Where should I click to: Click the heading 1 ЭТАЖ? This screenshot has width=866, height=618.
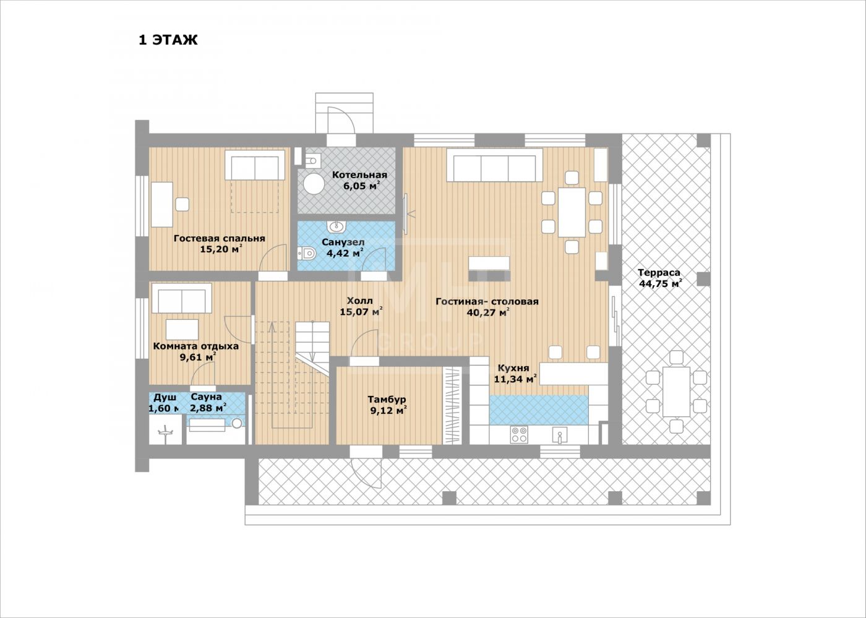[168, 40]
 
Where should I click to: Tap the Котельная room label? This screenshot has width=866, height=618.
[359, 175]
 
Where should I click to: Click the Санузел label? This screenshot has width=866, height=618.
[343, 242]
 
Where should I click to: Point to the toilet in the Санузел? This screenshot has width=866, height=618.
[307, 254]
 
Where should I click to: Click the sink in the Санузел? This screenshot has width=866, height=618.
[337, 226]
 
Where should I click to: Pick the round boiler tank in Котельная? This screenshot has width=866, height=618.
[314, 184]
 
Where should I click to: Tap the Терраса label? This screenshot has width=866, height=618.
[659, 273]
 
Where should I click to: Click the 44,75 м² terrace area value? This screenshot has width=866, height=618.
[661, 283]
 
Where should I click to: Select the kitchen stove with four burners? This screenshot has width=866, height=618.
[519, 434]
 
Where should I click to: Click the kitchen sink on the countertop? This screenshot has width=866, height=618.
[559, 434]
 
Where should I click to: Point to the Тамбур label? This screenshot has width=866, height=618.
[387, 400]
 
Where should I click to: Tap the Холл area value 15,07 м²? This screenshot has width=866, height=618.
[361, 311]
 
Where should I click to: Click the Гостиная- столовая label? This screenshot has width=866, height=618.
[487, 301]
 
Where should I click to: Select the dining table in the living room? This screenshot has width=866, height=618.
[572, 212]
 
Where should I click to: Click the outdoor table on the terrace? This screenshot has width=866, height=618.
[676, 392]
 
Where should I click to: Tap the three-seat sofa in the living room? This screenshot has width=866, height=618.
[494, 165]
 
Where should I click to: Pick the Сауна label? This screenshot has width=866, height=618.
[206, 397]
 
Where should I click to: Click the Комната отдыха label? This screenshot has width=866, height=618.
[195, 346]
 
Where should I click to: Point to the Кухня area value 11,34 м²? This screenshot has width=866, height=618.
[515, 379]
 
